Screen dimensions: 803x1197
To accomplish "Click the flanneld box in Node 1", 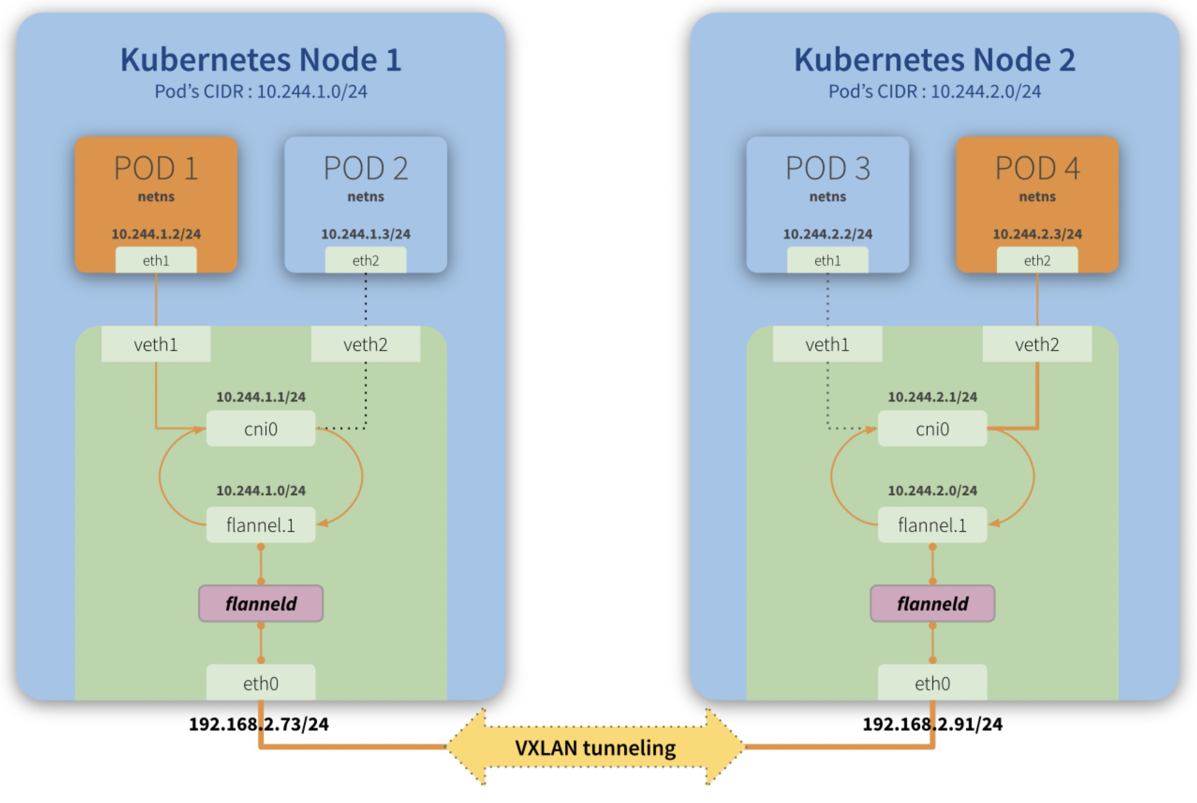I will click(260, 604).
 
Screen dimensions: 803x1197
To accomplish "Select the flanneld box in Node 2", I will click(932, 604).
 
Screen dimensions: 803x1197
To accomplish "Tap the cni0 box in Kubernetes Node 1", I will click(260, 429).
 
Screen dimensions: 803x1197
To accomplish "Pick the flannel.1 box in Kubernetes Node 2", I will click(932, 525).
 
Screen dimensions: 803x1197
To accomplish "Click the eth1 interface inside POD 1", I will click(156, 261).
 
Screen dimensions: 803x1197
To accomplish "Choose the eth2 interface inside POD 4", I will click(1037, 261).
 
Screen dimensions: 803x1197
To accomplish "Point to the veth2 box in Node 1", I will click(365, 345).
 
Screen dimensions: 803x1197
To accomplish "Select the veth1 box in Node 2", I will click(827, 345).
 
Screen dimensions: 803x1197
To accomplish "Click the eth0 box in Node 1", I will click(260, 683).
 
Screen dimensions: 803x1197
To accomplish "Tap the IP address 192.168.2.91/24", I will click(932, 724).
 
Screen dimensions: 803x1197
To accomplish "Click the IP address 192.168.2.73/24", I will click(258, 724).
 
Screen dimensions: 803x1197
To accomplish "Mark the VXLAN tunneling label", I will click(595, 748).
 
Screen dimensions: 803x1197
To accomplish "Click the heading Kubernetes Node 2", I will click(934, 60).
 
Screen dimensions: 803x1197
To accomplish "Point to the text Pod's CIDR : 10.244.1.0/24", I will click(260, 92).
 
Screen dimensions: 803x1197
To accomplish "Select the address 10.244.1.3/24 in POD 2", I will click(365, 234).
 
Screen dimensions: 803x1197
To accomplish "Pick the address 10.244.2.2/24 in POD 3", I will click(828, 234).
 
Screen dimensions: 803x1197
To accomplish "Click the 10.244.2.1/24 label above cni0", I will click(932, 397).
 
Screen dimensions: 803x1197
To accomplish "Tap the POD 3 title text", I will click(828, 168).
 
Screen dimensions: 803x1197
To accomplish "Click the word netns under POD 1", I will click(156, 197).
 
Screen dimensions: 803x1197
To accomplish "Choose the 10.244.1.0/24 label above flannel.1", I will click(260, 491).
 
